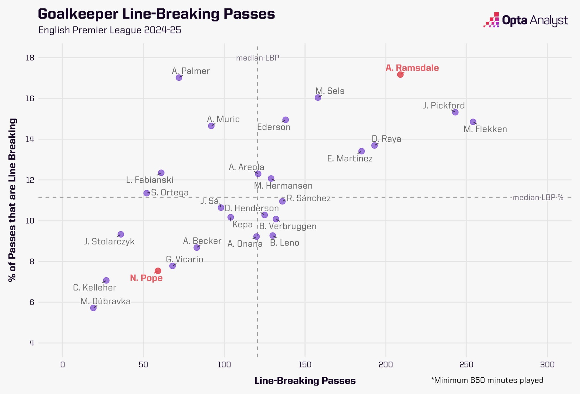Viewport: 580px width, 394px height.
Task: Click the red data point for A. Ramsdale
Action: [x=400, y=74]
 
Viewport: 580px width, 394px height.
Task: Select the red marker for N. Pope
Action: [x=158, y=271]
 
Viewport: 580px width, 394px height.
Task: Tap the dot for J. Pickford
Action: [x=455, y=112]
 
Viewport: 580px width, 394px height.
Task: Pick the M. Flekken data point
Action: [x=473, y=122]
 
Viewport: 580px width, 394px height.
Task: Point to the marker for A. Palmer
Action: [x=179, y=77]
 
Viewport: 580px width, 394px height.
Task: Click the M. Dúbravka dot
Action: [x=93, y=308]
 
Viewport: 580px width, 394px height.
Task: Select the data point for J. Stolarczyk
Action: [x=121, y=234]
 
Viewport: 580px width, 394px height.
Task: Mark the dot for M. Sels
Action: [x=318, y=97]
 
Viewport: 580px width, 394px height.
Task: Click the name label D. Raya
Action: [x=386, y=139]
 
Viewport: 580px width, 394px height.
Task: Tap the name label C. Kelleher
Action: [x=95, y=288]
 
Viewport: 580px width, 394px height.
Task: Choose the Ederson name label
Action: [x=274, y=127]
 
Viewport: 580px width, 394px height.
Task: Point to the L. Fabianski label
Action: [x=150, y=180]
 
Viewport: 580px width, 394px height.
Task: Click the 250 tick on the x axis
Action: [x=466, y=365]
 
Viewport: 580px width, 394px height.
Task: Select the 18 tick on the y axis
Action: [x=30, y=58]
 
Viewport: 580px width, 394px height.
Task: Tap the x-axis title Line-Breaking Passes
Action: [x=305, y=381]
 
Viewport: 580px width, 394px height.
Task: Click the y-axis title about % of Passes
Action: [x=12, y=200]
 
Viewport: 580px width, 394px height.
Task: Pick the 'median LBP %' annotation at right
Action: [x=538, y=197]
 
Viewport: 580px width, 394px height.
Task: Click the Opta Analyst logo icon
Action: [x=491, y=20]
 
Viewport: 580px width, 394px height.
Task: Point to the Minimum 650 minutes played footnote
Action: [x=487, y=380]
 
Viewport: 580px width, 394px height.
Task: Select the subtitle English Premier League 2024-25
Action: [x=110, y=30]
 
